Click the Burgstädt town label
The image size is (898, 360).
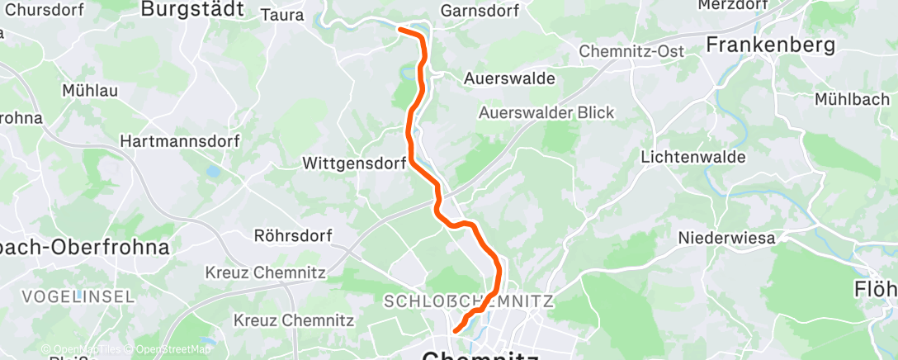coord(192,9)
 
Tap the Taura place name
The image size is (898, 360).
coord(282,14)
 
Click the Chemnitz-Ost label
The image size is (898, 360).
coord(631,51)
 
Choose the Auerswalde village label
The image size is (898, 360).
coord(509,78)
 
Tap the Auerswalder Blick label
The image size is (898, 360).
coord(547,112)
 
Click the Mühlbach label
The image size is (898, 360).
coord(855,99)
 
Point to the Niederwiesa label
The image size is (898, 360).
coord(726,238)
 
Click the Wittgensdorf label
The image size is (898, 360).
coord(354,163)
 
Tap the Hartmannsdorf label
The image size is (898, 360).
coord(180,141)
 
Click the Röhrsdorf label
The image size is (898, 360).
coord(293,236)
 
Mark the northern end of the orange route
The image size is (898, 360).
coord(400,30)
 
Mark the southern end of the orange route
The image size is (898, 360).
coord(456,332)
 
